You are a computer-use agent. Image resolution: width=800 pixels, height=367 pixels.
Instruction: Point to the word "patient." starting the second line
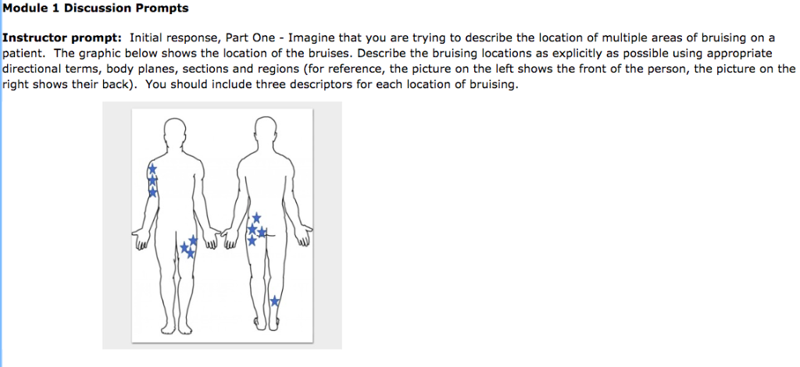click(x=23, y=53)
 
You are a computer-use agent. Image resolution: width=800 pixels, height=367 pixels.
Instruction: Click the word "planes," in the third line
click(x=157, y=69)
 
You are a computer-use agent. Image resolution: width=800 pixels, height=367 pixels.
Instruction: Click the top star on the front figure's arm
click(x=152, y=168)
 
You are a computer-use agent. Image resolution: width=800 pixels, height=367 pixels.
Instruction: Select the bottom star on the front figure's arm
click(x=153, y=191)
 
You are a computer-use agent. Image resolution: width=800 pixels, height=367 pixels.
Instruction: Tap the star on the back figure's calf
click(x=274, y=301)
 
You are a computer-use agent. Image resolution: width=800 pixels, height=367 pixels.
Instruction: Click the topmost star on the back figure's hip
click(x=256, y=217)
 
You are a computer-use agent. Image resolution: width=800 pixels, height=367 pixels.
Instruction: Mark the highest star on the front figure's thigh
click(x=193, y=239)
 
